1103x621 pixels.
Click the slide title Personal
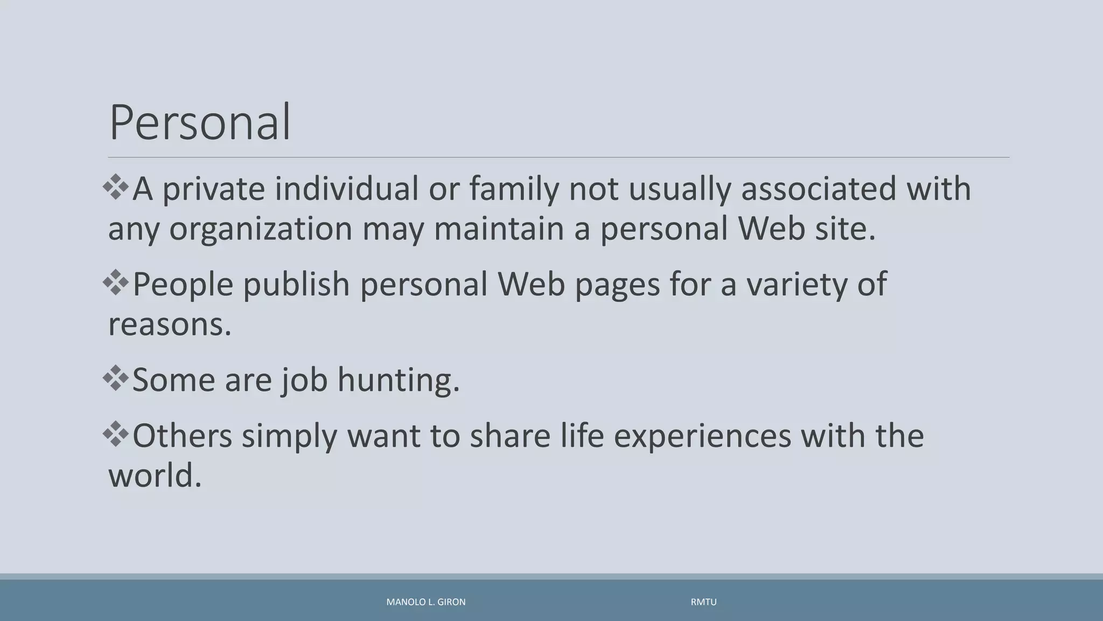point(200,122)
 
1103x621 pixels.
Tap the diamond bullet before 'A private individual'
point(116,187)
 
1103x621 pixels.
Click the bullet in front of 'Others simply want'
point(116,434)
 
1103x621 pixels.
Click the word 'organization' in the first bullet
point(261,229)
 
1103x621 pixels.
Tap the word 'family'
point(514,190)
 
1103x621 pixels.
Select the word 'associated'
point(818,189)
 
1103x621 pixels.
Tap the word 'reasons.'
point(170,325)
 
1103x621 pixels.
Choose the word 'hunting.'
point(399,381)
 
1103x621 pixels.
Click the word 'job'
point(304,381)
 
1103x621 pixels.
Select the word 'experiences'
point(702,436)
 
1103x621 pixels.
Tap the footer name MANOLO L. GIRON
point(426,602)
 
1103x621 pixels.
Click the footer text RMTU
point(703,602)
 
